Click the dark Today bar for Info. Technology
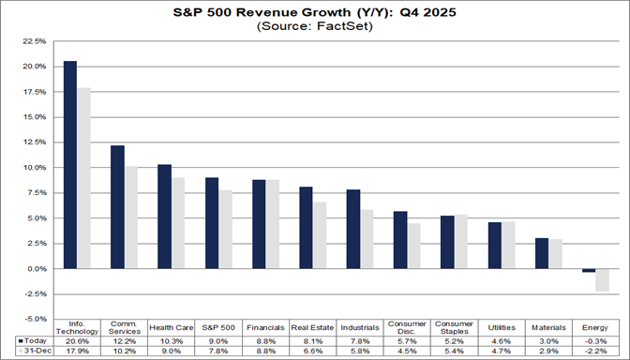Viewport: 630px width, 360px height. click(x=69, y=165)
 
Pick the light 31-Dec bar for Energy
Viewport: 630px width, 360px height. click(x=603, y=279)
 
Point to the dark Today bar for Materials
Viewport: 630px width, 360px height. click(x=542, y=253)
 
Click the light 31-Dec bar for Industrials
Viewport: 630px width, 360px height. click(x=368, y=239)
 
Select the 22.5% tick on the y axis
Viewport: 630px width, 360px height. click(x=32, y=42)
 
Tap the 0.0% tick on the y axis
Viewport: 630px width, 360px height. click(x=34, y=269)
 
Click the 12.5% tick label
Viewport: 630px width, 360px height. click(x=32, y=143)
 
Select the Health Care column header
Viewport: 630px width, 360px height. click(x=171, y=327)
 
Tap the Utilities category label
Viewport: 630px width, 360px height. click(x=502, y=327)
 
